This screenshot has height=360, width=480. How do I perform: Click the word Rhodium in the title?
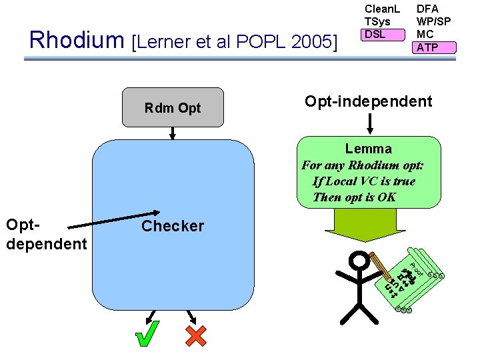[x=77, y=41]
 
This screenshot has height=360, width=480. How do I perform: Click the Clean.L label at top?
[x=381, y=9]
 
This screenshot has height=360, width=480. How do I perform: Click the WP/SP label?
[x=433, y=21]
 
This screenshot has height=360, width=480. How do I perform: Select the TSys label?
[x=377, y=21]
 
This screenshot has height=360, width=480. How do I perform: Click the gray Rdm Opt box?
[x=173, y=107]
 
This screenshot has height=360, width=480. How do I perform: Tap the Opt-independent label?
[x=368, y=101]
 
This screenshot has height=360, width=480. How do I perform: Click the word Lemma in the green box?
[x=368, y=149]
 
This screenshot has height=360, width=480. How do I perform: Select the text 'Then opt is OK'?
[x=354, y=197]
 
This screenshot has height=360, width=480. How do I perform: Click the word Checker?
[x=173, y=226]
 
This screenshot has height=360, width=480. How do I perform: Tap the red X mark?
[x=195, y=335]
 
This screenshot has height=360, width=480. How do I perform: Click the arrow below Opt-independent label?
[x=369, y=123]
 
